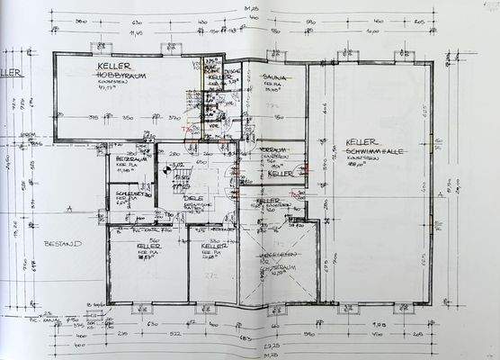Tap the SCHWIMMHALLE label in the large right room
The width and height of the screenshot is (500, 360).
click(370, 154)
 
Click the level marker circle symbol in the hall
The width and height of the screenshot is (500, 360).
click(166, 167)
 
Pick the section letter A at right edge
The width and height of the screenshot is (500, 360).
click(439, 194)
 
